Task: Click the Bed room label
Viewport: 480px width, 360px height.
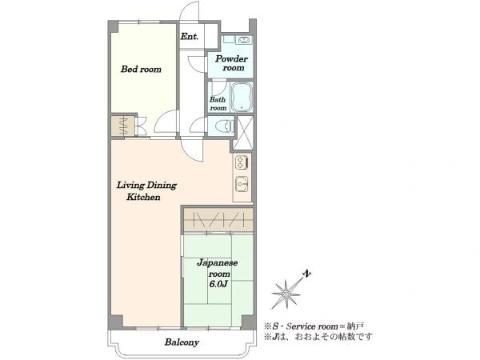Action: [141, 69]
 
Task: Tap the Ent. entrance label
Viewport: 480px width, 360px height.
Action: [189, 37]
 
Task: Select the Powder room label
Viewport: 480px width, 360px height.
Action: [231, 63]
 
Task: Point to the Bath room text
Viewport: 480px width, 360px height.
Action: [218, 104]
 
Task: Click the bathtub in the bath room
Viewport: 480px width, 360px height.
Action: [242, 97]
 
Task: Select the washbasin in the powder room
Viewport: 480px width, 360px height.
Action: [244, 40]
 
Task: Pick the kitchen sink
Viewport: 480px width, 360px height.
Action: [242, 185]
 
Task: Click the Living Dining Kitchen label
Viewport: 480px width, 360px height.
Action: [146, 191]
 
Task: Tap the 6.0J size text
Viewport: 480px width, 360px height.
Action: [218, 284]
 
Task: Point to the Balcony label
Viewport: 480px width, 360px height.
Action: [182, 342]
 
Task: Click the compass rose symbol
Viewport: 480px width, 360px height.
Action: [286, 294]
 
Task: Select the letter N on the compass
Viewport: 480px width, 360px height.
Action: [307, 274]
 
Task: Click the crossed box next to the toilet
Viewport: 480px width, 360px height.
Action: [243, 133]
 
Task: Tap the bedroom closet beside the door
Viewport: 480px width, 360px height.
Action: [122, 126]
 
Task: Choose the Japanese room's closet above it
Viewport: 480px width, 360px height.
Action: [218, 221]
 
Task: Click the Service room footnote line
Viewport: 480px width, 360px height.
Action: [314, 326]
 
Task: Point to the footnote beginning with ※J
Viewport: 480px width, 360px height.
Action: [318, 337]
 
